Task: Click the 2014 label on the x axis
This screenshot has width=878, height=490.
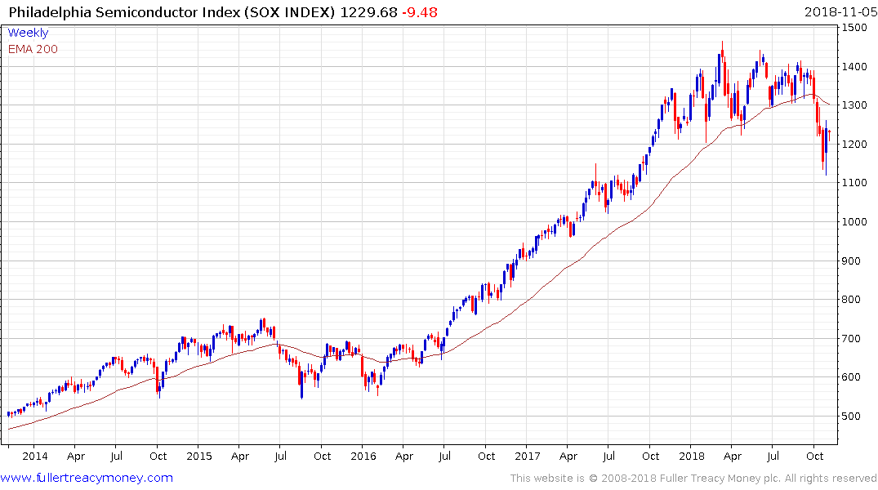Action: pyautogui.click(x=35, y=457)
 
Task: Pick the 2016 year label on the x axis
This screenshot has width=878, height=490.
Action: pyautogui.click(x=364, y=457)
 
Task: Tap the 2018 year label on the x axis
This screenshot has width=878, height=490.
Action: pyautogui.click(x=693, y=457)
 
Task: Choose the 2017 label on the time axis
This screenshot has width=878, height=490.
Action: pyautogui.click(x=528, y=457)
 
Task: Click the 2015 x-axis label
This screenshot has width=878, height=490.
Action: pyautogui.click(x=199, y=457)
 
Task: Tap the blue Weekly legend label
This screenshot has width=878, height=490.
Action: pyautogui.click(x=28, y=33)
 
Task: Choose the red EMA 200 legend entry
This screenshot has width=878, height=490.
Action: pyautogui.click(x=33, y=49)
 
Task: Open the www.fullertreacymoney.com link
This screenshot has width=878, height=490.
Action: pyautogui.click(x=87, y=478)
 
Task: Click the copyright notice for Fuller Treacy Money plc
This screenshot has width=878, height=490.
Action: pyautogui.click(x=693, y=478)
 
